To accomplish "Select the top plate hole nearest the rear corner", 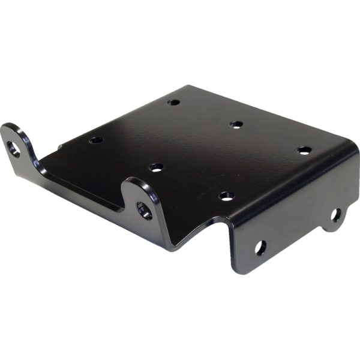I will coord(174,103).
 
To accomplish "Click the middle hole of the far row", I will coord(236,124).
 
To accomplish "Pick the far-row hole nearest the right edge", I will coord(304,149).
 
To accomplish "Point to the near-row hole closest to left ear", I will coord(96,140).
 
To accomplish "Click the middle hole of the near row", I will coord(155,167).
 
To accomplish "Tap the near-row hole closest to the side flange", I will coord(226,196).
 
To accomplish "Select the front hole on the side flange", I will coord(261,247).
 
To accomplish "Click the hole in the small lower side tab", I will coord(336,214).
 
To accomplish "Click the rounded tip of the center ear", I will coord(135,182).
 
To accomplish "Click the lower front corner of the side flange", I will coord(237,270).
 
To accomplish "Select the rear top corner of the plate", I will coord(191,86).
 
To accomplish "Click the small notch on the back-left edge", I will coord(60,145).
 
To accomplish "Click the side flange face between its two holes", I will coord(297,231).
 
